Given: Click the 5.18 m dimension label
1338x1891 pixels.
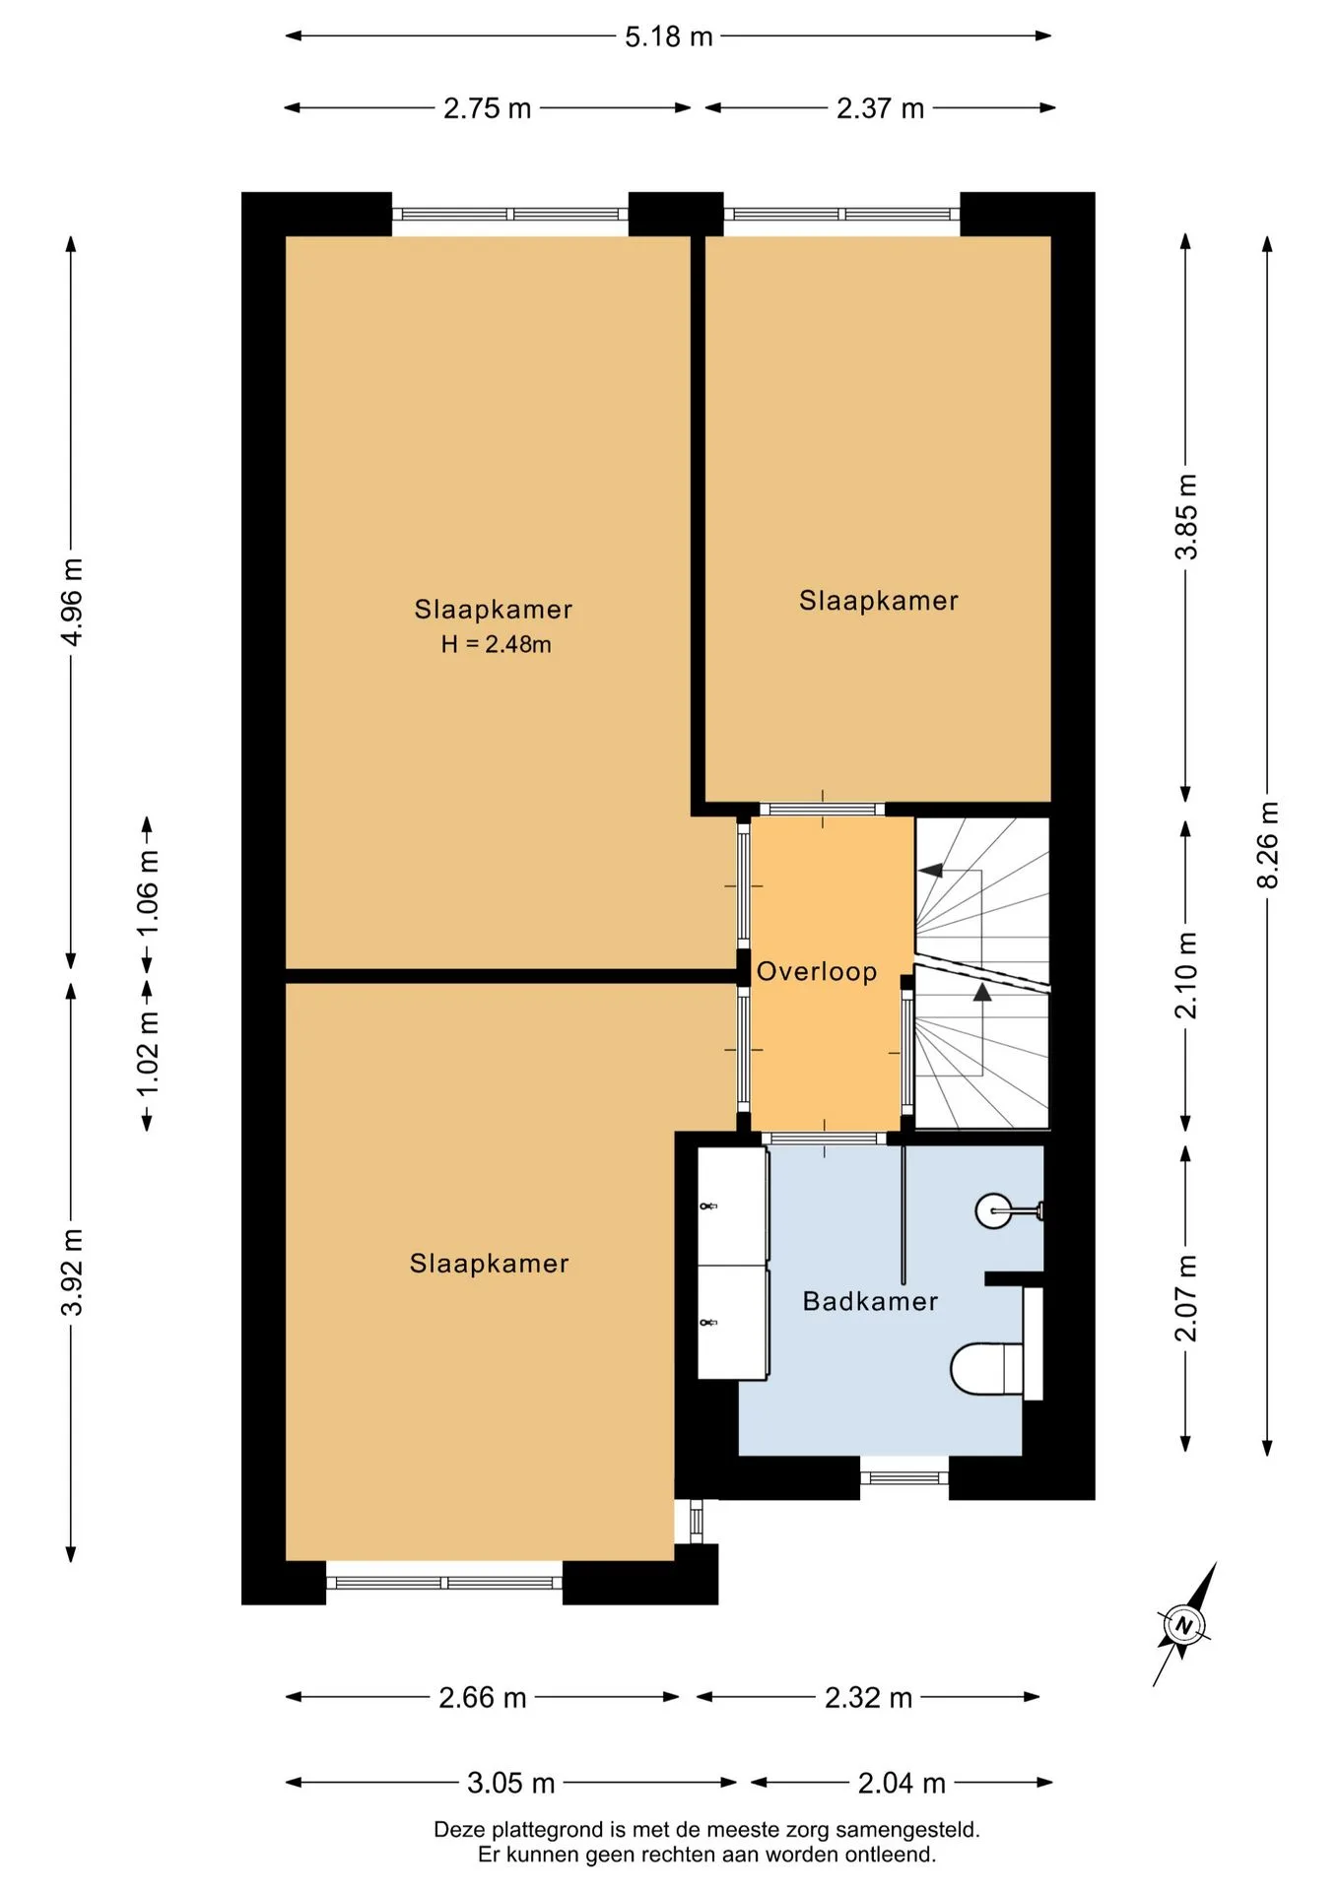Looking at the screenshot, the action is click(x=668, y=36).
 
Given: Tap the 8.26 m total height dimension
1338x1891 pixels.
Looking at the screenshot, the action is click(x=1268, y=844).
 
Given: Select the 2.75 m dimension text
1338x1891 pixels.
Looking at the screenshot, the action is click(x=487, y=108).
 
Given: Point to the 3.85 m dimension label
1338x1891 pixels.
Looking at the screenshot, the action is click(x=1186, y=517).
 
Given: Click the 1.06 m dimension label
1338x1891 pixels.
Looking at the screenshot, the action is click(x=148, y=893).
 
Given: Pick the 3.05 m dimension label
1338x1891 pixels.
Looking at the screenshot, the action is click(x=510, y=1783).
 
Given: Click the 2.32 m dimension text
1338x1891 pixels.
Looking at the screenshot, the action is click(x=868, y=1698).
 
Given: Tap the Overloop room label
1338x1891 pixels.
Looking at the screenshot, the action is click(x=817, y=972).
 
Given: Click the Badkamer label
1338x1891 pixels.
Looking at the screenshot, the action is click(x=870, y=1301).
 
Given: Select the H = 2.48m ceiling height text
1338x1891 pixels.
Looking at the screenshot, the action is click(x=496, y=644).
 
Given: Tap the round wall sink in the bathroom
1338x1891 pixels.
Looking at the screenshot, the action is click(x=995, y=1210).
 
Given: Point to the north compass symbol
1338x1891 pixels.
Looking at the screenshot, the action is click(x=1184, y=1624).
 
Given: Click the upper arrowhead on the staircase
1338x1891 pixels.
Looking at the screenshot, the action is click(x=931, y=871).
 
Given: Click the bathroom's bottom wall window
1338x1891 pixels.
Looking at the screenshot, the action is click(x=903, y=1477).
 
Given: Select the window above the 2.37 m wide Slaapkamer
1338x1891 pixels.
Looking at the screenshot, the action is click(x=841, y=214).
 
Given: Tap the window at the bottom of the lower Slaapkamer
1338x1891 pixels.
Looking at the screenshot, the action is click(x=444, y=1583).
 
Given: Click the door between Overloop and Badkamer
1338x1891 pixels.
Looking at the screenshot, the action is click(x=824, y=1139).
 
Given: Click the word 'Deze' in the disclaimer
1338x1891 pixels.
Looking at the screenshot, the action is click(x=459, y=1830).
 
